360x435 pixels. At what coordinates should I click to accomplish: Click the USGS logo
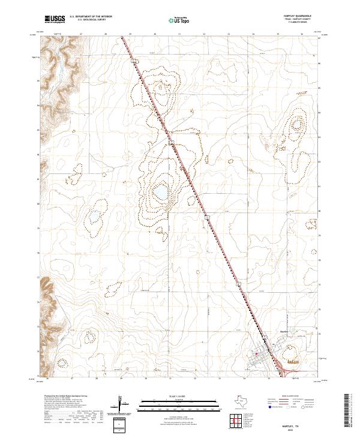click(55, 19)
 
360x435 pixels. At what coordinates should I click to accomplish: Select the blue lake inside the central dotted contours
click(160, 193)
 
